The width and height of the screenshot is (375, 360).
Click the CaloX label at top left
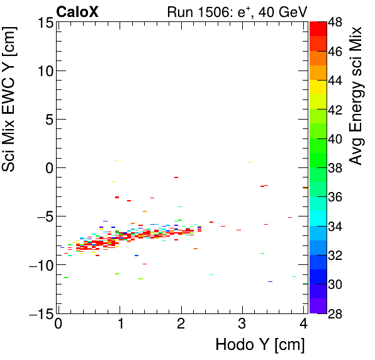click(x=77, y=12)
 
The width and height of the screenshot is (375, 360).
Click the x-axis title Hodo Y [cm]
click(x=260, y=345)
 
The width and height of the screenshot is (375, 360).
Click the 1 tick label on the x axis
click(x=120, y=325)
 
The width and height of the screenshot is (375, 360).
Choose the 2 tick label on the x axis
click(x=181, y=325)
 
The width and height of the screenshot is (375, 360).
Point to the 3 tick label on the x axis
click(x=242, y=325)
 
